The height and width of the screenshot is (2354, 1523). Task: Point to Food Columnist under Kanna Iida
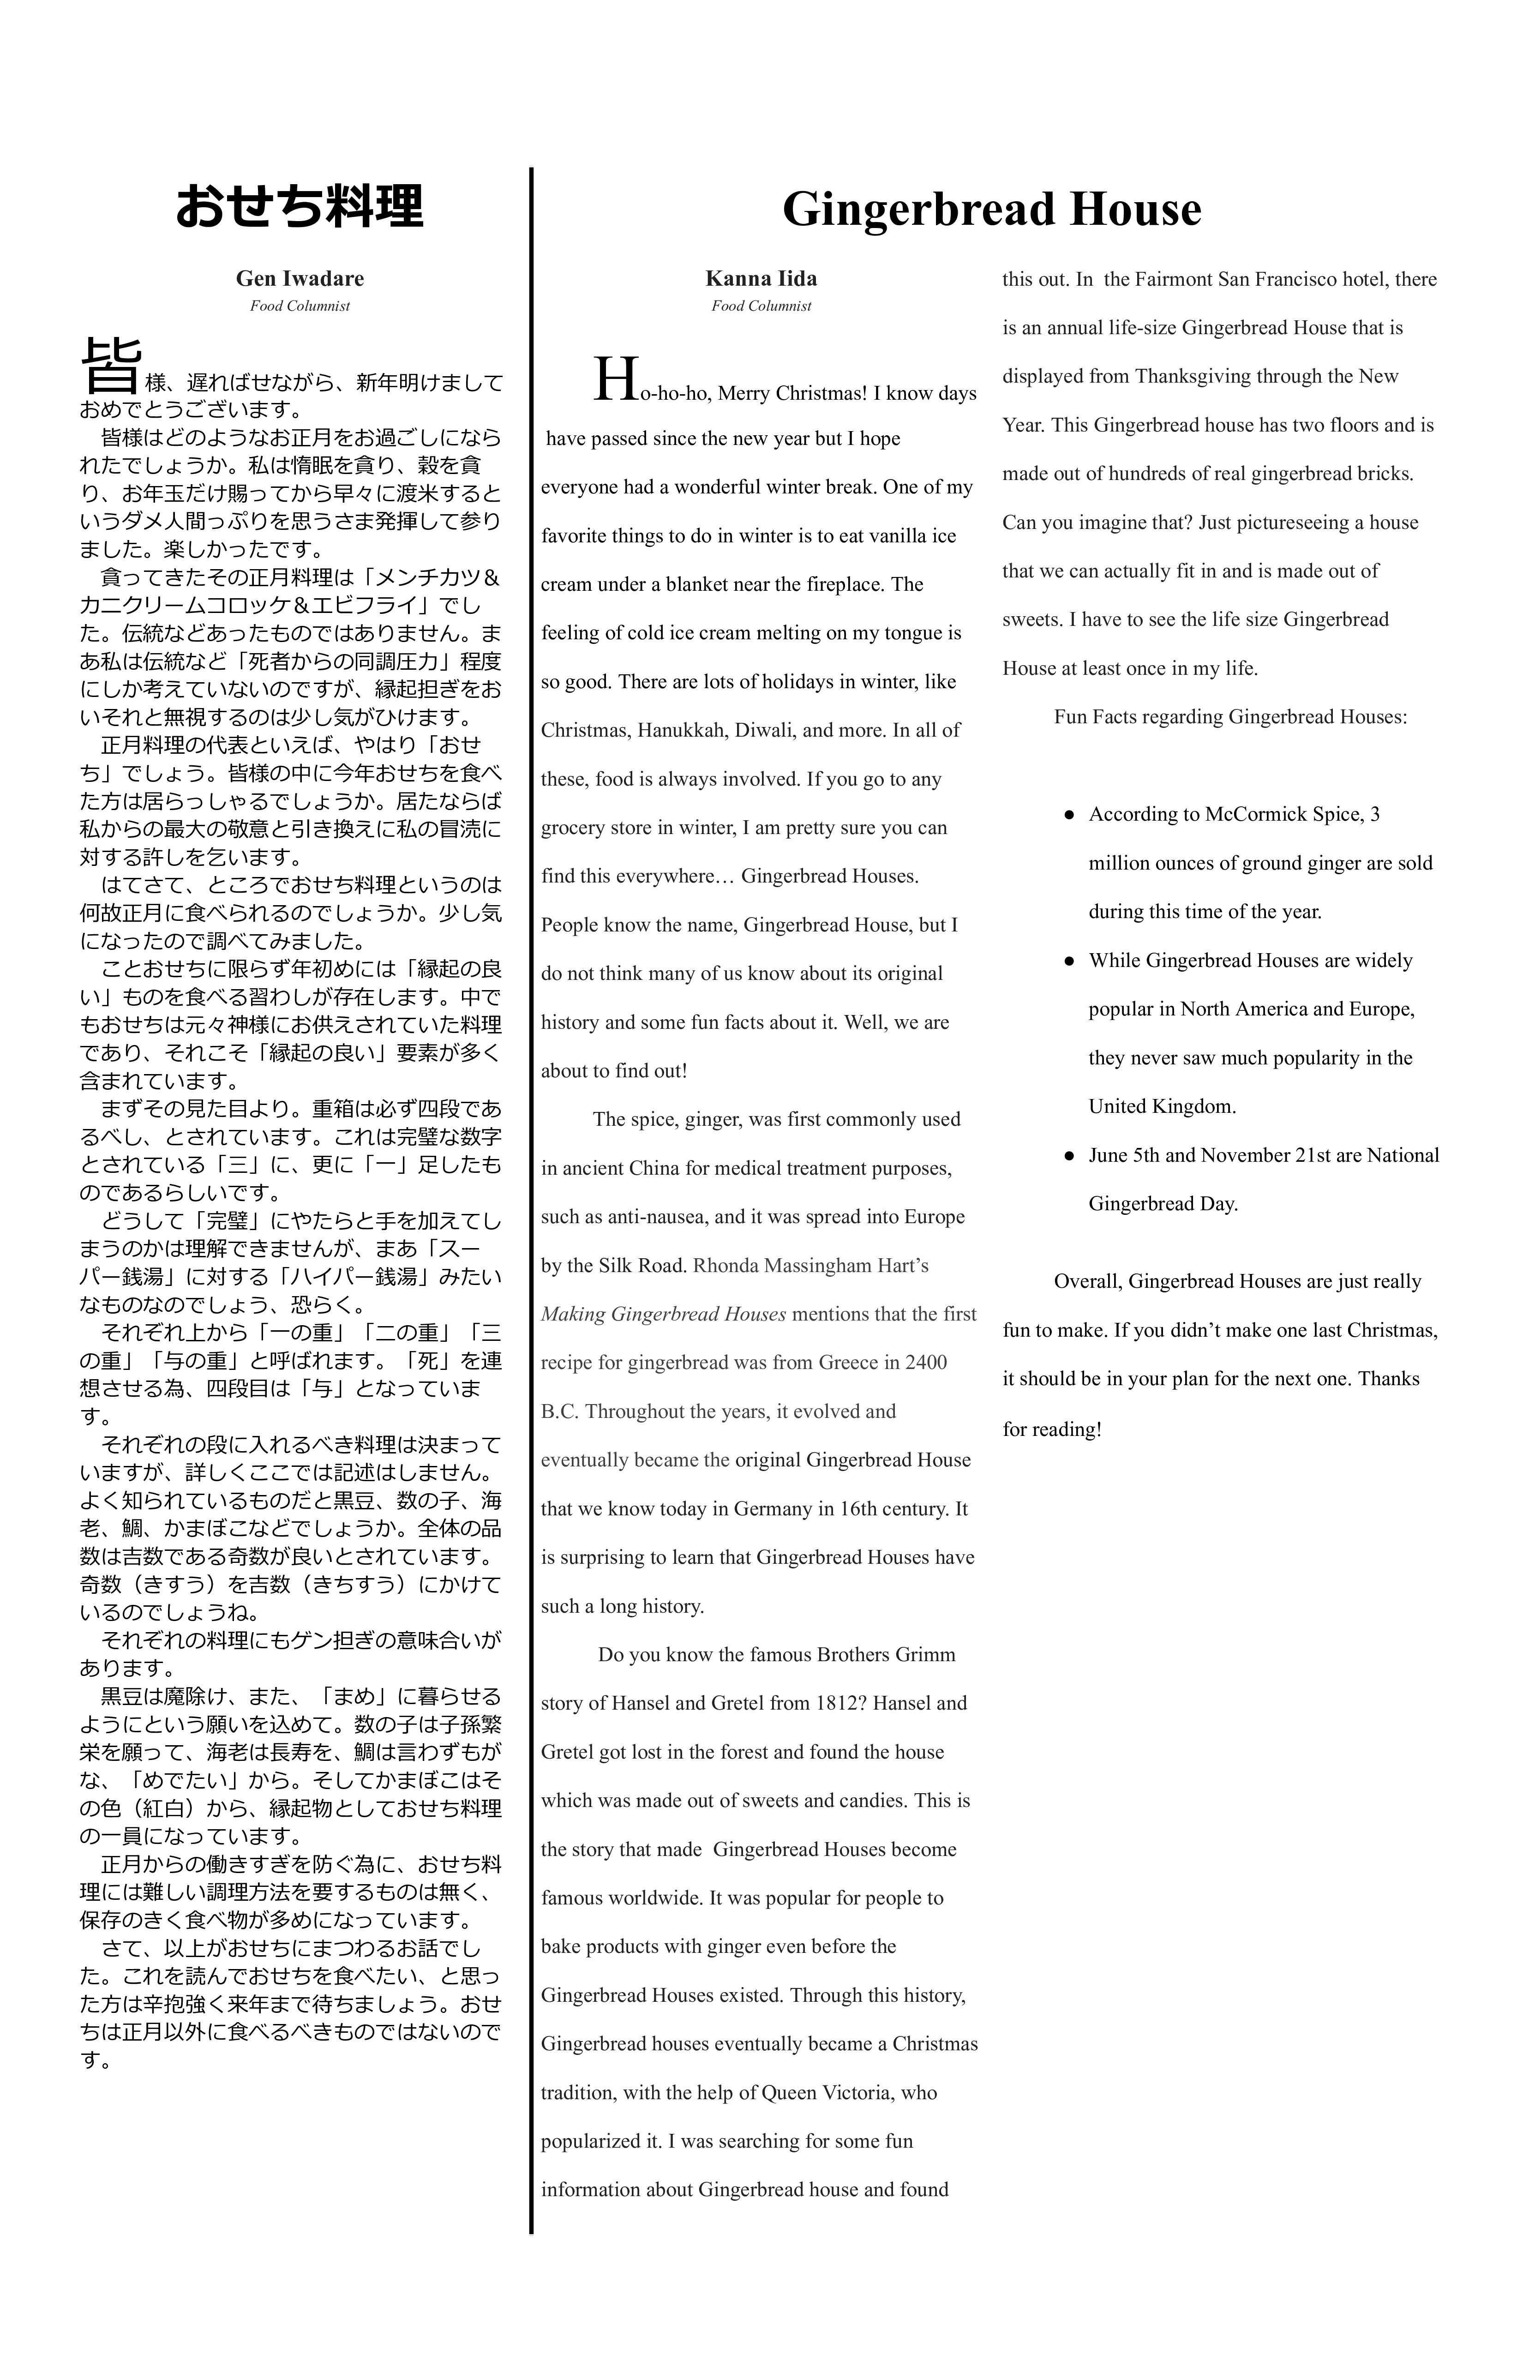761,306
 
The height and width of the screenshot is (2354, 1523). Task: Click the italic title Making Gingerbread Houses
664,1314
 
